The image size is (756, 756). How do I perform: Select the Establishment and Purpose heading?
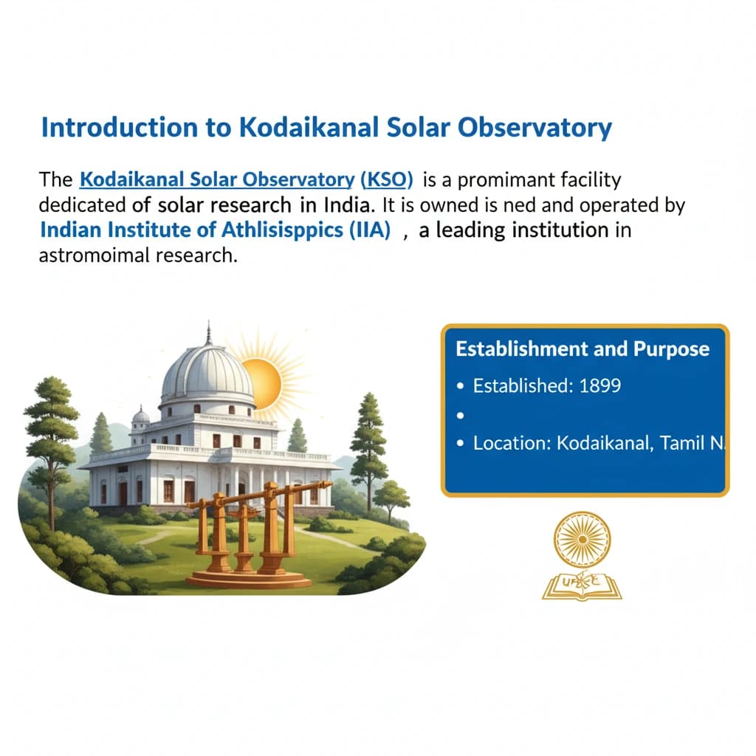pos(583,348)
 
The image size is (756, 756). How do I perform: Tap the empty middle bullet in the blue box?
pos(461,415)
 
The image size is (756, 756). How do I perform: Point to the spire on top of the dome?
pos(208,334)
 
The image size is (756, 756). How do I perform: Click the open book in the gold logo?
pos(582,585)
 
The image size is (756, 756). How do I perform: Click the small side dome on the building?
pos(141,418)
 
